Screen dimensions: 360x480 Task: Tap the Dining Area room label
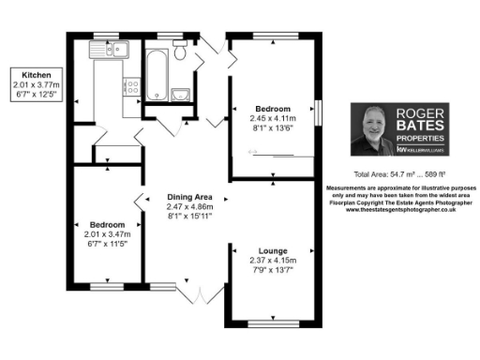pos(190,195)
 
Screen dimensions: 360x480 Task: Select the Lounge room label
pos(273,250)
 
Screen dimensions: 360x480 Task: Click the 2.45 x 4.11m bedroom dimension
pos(273,119)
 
